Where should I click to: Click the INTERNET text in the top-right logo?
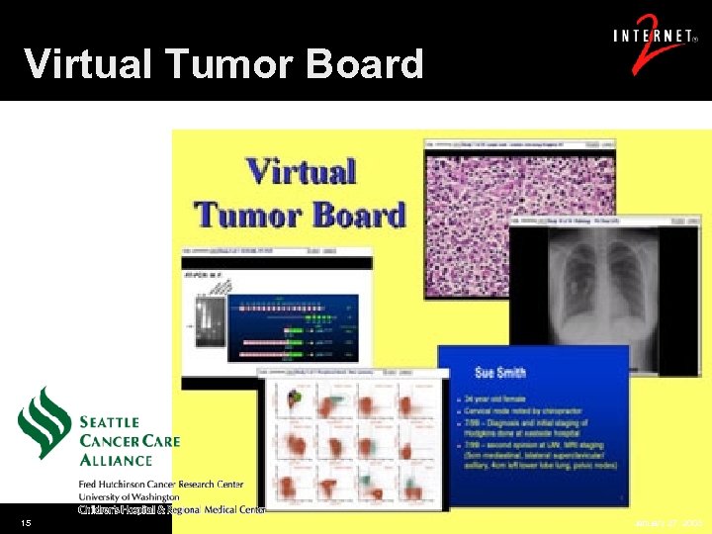tap(654, 38)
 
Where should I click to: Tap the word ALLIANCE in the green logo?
tap(116, 459)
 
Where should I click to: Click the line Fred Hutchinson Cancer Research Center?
tap(160, 485)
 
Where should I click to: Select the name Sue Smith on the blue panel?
tap(500, 372)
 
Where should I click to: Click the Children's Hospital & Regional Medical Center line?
tap(172, 509)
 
